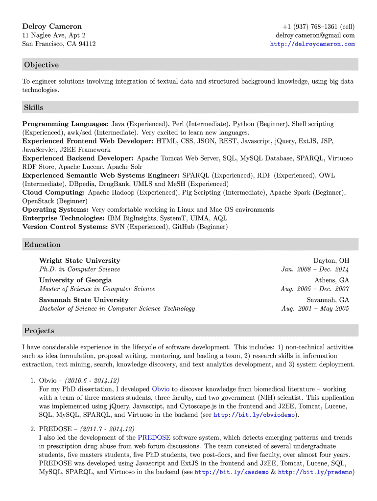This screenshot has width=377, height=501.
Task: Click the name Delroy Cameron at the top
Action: pyautogui.click(x=52, y=26)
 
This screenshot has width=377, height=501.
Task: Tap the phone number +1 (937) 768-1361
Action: pyautogui.click(x=319, y=26)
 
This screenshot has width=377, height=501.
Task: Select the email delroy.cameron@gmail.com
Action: pyautogui.click(x=315, y=35)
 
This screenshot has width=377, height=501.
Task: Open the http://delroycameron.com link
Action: pyautogui.click(x=312, y=44)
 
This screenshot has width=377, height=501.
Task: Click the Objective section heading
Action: pyautogui.click(x=42, y=65)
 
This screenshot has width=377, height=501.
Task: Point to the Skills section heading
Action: pyautogui.click(x=34, y=108)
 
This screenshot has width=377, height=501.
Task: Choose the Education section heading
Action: pyautogui.click(x=43, y=245)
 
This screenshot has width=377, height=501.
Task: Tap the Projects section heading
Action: pyautogui.click(x=39, y=331)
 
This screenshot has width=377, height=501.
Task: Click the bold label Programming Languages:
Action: pyautogui.click(x=66, y=124)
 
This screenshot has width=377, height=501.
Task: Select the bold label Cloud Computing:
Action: pyautogui.click(x=54, y=193)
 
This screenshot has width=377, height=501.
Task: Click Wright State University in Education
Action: pyautogui.click(x=79, y=261)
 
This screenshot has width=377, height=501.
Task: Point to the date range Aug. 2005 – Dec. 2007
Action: pyautogui.click(x=315, y=289)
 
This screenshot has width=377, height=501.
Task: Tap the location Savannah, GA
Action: pyautogui.click(x=328, y=300)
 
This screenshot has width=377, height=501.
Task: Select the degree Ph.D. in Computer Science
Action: pyautogui.click(x=79, y=270)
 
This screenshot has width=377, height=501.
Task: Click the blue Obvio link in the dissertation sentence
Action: pyautogui.click(x=161, y=389)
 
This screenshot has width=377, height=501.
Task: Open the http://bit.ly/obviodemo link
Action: pyautogui.click(x=254, y=415)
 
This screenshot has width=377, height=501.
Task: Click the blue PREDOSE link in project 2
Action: pyautogui.click(x=154, y=437)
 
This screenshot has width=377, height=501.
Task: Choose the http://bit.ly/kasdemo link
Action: pyautogui.click(x=228, y=473)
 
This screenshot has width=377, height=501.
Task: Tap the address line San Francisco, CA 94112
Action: pyautogui.click(x=59, y=44)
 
